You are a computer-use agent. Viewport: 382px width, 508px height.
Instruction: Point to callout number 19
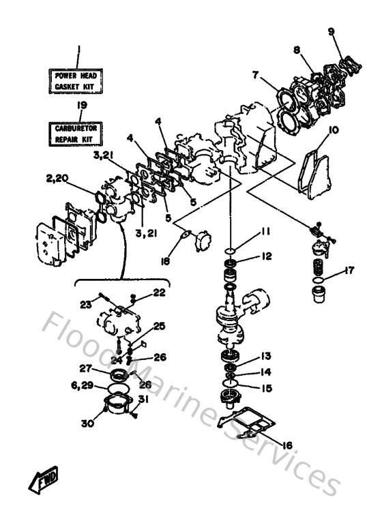coord(82,106)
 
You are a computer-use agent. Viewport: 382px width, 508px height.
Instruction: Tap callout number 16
coord(287,445)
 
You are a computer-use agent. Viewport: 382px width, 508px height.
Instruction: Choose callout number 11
coord(266,233)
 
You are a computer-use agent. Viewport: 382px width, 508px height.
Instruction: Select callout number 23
coord(86,304)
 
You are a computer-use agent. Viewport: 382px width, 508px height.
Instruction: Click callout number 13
coord(265,357)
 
